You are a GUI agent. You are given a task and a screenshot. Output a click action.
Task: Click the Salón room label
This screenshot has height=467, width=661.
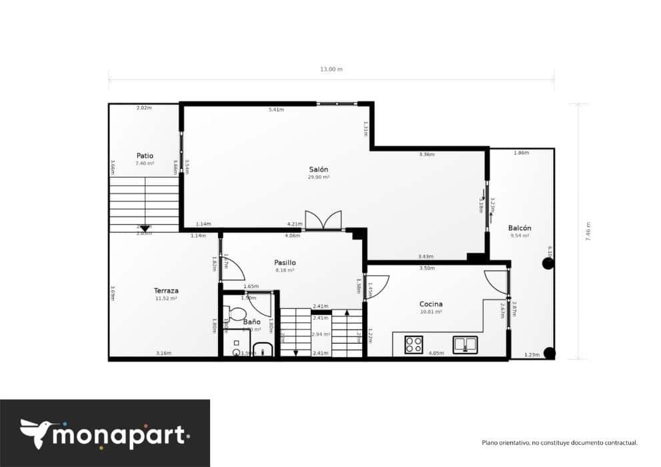318,169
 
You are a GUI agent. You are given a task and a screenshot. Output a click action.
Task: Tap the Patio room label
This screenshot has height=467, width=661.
145,155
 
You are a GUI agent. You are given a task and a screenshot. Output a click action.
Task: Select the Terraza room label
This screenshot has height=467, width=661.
165,291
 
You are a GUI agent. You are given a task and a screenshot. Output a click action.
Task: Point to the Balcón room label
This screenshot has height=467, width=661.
520,227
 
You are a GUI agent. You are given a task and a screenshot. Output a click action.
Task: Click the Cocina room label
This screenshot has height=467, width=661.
431,304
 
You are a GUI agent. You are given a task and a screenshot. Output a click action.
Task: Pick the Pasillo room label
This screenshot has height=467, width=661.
284,262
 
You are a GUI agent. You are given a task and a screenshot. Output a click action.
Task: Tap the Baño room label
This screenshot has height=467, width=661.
251,322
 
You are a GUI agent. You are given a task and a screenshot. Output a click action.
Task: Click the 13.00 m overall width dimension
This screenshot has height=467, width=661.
331,69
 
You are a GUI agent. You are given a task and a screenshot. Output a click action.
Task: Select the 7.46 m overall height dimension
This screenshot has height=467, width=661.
588,232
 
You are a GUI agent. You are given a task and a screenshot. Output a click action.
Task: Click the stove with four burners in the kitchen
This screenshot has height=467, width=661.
414,344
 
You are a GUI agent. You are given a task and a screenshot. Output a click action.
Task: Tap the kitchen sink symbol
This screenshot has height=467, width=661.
465,344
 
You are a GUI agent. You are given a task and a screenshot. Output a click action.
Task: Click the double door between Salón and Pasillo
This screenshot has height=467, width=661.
323,221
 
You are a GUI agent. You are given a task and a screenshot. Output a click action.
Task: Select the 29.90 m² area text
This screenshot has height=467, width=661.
318,177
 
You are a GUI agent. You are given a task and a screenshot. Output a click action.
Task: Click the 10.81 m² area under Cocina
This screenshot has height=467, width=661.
431,312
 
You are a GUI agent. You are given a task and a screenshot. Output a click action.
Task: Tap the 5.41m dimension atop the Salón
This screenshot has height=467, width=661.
275,109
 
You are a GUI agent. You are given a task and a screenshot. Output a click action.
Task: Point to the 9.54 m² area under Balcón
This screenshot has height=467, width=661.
520,236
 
